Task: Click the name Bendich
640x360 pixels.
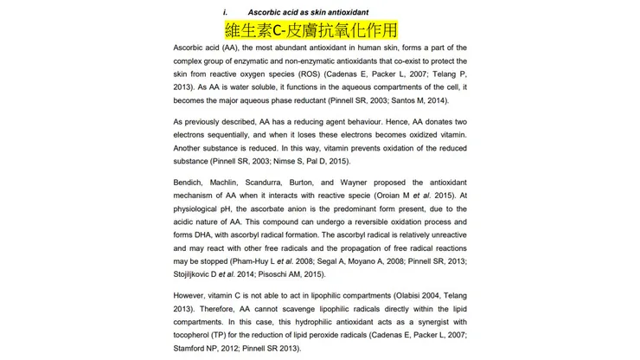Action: [x=190, y=183]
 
